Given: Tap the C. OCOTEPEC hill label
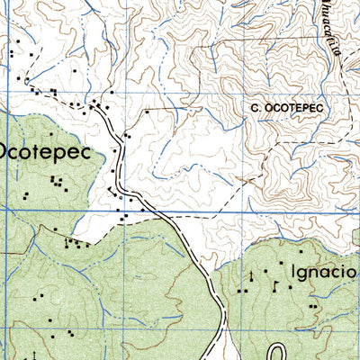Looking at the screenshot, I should pos(286,108).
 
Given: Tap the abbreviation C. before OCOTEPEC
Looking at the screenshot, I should pos(256,108).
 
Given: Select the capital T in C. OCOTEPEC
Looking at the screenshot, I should pos(288,108).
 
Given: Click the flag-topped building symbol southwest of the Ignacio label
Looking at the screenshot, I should pos(253,274).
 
